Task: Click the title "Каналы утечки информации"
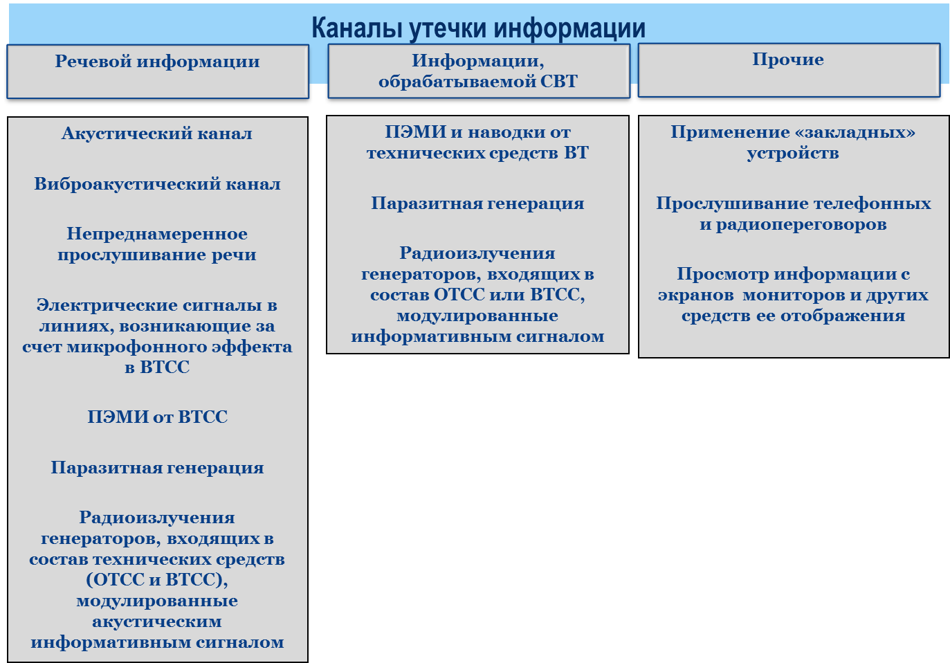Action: pyautogui.click(x=478, y=28)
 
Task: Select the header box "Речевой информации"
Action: pyautogui.click(x=158, y=72)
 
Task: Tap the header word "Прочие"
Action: pyautogui.click(x=788, y=60)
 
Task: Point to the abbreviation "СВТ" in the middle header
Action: pyautogui.click(x=558, y=81)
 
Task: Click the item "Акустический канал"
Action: pyautogui.click(x=157, y=134)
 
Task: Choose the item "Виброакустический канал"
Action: pyautogui.click(x=157, y=184)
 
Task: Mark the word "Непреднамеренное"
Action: pyautogui.click(x=157, y=234)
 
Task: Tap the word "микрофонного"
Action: pyautogui.click(x=136, y=347)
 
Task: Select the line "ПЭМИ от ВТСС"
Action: pyautogui.click(x=157, y=417)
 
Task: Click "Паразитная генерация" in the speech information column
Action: pyautogui.click(x=157, y=467)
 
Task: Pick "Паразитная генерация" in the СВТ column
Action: pyautogui.click(x=477, y=203)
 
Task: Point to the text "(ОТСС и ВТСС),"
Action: pyautogui.click(x=157, y=580)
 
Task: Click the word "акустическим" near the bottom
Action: pyautogui.click(x=157, y=621)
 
